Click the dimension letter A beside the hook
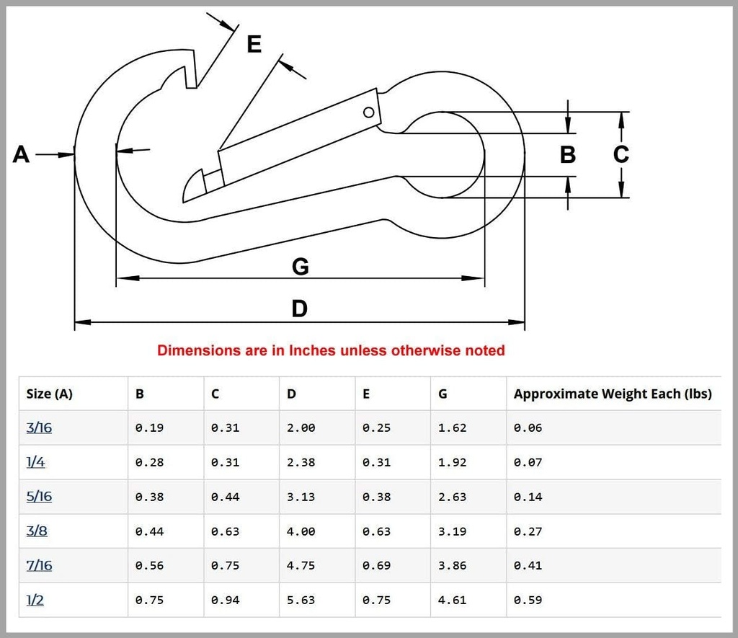click(21, 154)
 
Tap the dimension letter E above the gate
click(254, 44)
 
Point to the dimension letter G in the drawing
click(301, 267)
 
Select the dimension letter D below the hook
click(299, 309)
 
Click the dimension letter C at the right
click(621, 154)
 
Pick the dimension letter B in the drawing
click(568, 154)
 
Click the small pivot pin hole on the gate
click(369, 112)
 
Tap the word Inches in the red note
click(312, 350)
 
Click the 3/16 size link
click(39, 427)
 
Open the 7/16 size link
click(39, 565)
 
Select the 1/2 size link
click(35, 600)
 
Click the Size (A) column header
click(50, 394)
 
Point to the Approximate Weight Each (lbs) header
click(613, 394)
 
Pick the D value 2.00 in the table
click(301, 428)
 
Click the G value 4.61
click(452, 601)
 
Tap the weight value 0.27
click(528, 531)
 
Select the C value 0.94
click(225, 601)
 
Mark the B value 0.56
click(149, 565)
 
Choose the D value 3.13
click(301, 497)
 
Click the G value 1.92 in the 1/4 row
click(452, 462)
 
